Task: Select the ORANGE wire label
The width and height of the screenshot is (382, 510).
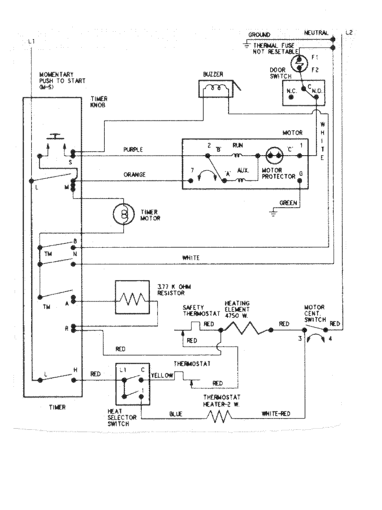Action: tap(134, 174)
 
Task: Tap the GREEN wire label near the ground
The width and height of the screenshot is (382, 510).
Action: tap(288, 203)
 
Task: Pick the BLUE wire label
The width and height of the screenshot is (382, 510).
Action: tap(176, 414)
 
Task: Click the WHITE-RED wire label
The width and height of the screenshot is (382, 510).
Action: tap(276, 414)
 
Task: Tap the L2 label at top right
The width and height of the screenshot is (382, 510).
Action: tap(349, 33)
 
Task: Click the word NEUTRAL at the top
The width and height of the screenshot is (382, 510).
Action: tap(316, 33)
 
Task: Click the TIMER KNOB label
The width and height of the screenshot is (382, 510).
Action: tap(99, 102)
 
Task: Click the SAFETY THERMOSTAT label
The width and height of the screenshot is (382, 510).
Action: tap(201, 310)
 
